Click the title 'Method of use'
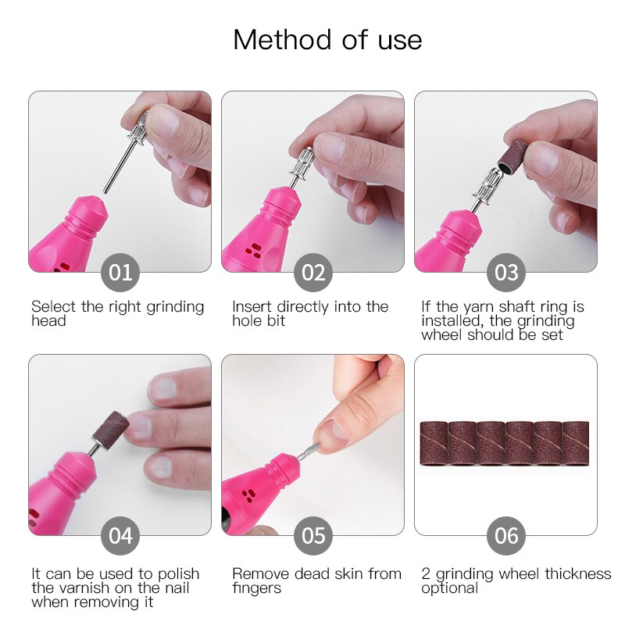[327, 40]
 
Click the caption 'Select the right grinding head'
[117, 314]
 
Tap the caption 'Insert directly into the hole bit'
[310, 314]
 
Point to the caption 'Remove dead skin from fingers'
[316, 580]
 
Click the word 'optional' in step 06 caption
[449, 588]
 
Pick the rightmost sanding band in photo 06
[576, 445]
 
